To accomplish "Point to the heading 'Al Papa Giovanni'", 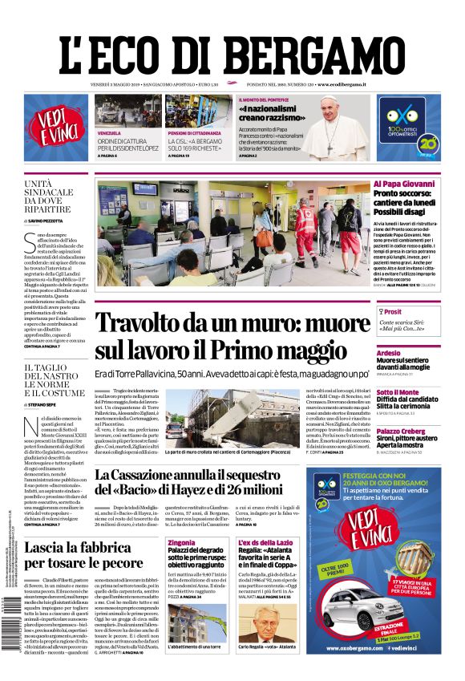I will (x=398, y=184).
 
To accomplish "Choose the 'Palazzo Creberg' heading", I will (x=402, y=431).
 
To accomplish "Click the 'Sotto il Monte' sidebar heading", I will (x=398, y=392).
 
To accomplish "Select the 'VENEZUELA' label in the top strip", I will (x=110, y=132).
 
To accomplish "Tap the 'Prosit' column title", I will (x=393, y=312).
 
